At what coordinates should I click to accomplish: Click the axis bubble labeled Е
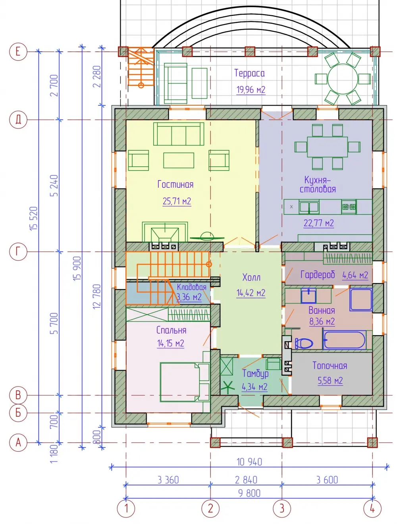[18, 52]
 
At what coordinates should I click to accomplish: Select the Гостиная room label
[175, 184]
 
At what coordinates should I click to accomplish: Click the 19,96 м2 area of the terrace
[251, 90]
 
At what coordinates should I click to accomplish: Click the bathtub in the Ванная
[345, 340]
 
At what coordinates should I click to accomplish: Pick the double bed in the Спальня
[185, 382]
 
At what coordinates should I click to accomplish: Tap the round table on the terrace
[343, 79]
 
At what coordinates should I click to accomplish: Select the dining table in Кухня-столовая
[327, 147]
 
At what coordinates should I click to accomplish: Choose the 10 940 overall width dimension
[249, 462]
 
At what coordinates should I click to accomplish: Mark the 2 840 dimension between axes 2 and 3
[246, 480]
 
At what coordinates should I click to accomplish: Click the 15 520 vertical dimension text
[34, 218]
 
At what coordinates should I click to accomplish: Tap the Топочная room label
[330, 366]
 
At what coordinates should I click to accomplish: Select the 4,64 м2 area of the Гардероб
[355, 275]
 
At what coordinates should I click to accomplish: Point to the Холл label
[251, 278]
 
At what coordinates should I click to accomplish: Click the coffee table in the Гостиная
[179, 160]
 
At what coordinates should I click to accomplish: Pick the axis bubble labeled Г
[18, 252]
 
